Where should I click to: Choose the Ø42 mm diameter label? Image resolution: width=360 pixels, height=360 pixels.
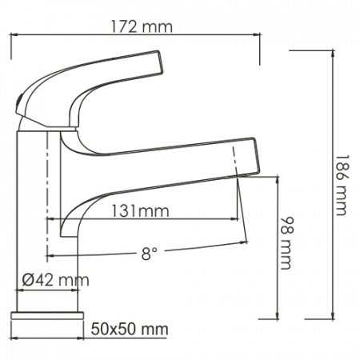coord(55,281)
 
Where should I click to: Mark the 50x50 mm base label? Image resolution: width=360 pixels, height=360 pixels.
coord(130,329)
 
